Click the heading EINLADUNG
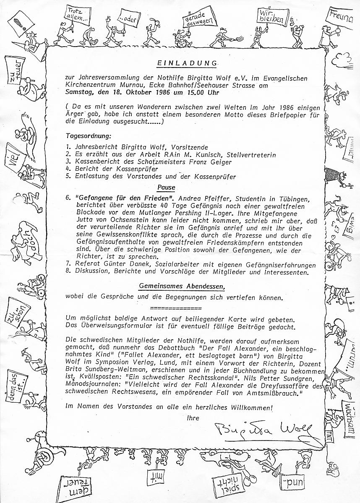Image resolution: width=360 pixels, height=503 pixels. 187,63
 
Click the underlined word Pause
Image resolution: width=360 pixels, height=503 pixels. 166,187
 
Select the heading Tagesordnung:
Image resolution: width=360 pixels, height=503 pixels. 88,136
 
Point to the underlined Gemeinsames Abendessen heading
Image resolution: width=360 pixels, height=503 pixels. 182,287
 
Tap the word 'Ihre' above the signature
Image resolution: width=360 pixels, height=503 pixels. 193,418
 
